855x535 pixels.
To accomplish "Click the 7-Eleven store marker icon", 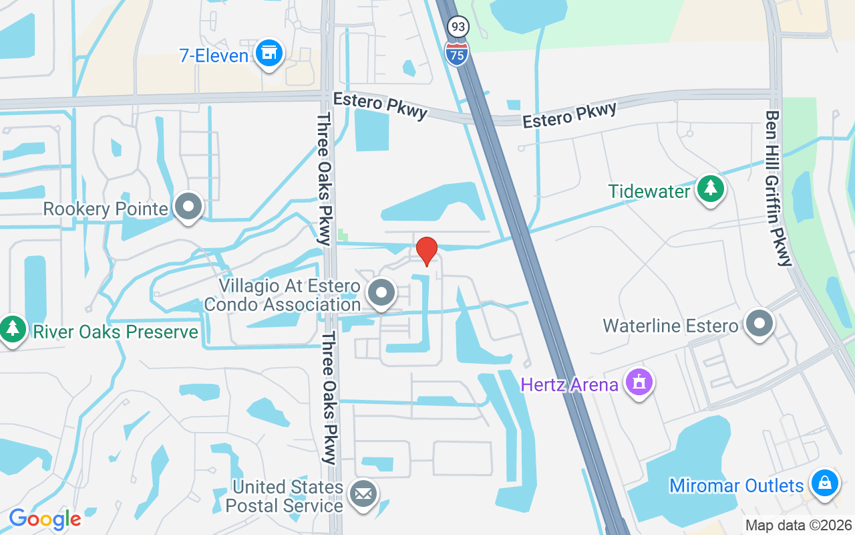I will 269,53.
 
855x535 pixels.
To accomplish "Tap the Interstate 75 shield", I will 457,51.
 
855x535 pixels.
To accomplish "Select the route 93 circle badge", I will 458,27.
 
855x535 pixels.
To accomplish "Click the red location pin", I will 427,251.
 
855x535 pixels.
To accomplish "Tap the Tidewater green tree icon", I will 711,189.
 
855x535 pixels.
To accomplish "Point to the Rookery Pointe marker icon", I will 188,207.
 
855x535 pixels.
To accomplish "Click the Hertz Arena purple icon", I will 639,383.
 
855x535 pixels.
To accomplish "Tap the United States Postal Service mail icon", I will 363,495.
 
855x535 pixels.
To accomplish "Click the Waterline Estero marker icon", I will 759,324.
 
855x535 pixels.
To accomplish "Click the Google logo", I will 45,519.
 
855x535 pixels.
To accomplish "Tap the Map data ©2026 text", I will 799,525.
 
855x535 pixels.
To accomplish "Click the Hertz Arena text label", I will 570,385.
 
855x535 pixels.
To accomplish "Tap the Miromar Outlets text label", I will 736,486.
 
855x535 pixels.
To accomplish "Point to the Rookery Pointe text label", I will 106,209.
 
